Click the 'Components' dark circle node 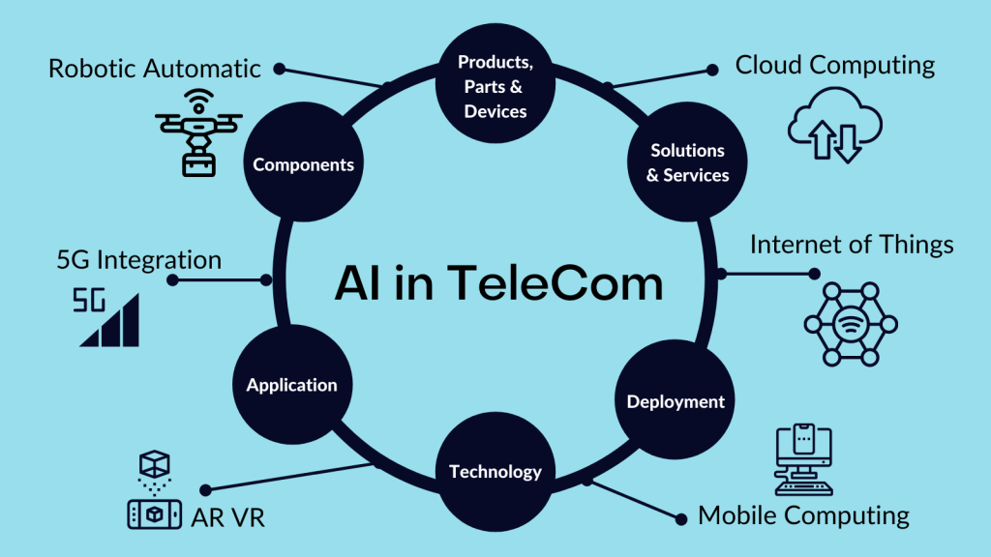coord(303,164)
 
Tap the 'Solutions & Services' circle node coord(687,163)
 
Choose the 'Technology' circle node coord(495,472)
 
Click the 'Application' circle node coord(291,385)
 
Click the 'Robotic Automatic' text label coord(155,69)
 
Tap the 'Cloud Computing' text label coord(835,66)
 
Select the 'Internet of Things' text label coord(852,245)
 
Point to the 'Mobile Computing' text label coord(803,515)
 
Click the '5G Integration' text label coord(139,260)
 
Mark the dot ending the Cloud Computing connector coord(712,70)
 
